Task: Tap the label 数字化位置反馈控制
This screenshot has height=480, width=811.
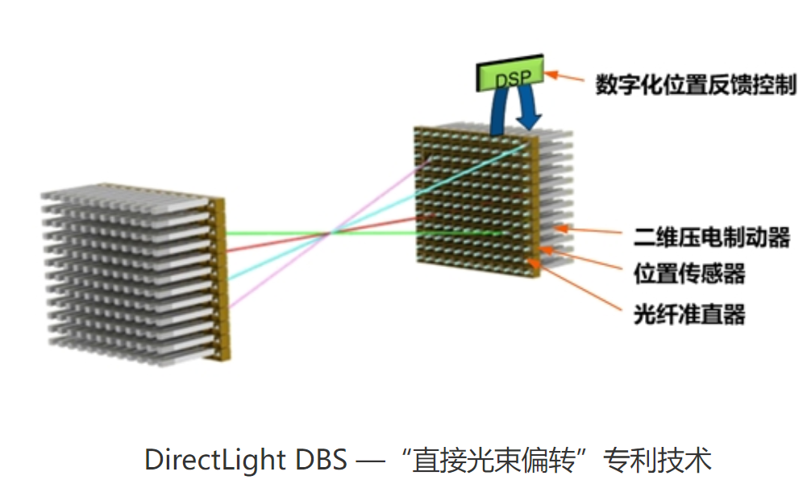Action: tap(696, 84)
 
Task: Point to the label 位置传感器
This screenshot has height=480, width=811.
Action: tap(689, 273)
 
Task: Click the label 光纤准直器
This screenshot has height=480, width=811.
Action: tap(689, 312)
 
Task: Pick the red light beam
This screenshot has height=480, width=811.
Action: tap(266, 244)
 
